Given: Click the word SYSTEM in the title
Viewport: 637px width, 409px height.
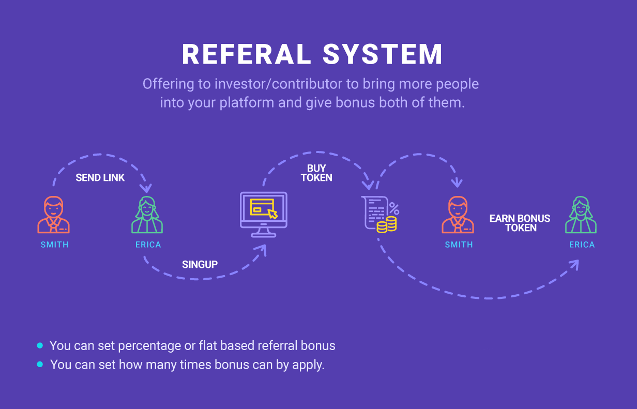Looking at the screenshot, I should pos(383,54).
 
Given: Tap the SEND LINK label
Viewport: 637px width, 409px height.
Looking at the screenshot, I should pos(100,178).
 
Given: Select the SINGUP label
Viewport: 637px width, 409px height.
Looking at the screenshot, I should pos(200,265).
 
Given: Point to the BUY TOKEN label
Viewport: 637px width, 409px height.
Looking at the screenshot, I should pos(316,173).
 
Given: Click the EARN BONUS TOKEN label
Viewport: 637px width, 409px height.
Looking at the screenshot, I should pos(520,223).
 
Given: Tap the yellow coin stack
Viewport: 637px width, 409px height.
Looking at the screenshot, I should pos(387,224).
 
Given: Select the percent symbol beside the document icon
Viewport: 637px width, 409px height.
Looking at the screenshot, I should pos(394,209).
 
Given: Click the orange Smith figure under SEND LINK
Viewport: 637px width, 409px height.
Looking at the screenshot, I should pos(54,215).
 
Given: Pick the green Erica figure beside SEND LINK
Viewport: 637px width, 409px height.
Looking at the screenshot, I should pos(147,215).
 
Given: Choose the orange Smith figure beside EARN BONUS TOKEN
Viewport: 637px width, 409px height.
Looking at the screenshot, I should pos(458,215).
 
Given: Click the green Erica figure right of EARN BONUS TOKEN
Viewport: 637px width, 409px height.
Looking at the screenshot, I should pos(581,215).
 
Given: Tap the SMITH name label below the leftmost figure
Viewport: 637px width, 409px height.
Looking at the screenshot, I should pos(54,245).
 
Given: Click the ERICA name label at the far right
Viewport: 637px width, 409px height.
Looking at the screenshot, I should pos(582,245).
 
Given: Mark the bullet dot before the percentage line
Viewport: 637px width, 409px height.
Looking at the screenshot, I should pos(40,345).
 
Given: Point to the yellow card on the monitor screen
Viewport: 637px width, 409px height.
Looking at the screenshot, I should pos(262,207).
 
